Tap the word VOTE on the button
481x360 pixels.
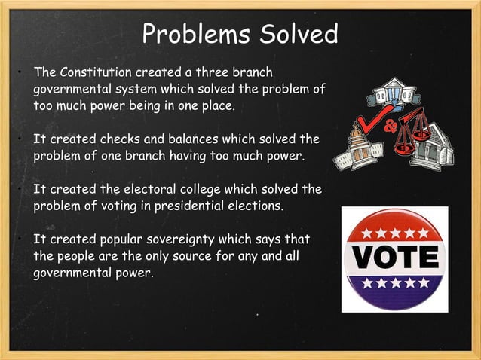[x=395, y=258]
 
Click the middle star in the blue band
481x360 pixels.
[x=395, y=284]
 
